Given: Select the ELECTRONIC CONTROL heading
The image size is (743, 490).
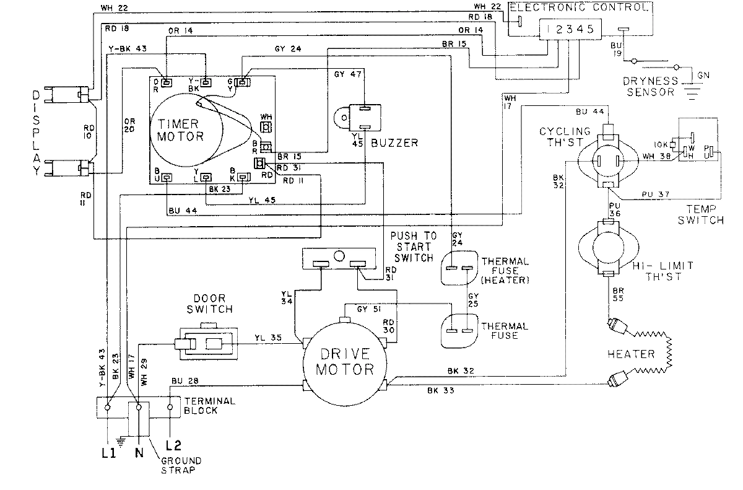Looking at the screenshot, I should [579, 8].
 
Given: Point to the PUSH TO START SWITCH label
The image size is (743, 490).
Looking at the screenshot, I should [413, 247].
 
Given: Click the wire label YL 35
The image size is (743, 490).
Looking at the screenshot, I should [268, 338].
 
